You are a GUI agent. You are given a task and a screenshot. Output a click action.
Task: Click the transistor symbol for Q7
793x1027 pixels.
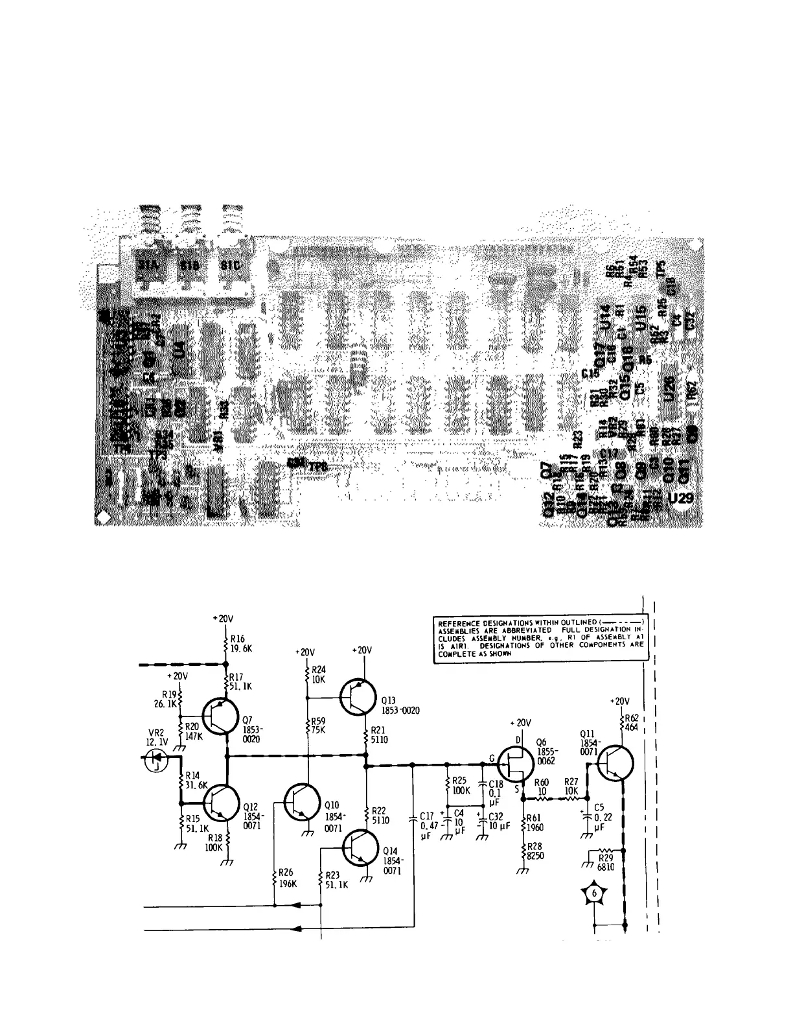[x=220, y=716]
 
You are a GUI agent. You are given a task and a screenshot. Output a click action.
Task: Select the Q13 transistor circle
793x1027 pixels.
[x=358, y=696]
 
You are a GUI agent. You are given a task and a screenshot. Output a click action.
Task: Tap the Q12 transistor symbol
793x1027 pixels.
[x=220, y=803]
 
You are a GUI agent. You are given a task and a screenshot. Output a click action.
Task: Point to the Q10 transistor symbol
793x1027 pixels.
[x=303, y=803]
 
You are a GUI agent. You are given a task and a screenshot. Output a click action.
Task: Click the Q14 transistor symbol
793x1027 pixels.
[x=358, y=847]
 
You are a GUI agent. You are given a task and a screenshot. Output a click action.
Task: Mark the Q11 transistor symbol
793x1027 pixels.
[x=615, y=763]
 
